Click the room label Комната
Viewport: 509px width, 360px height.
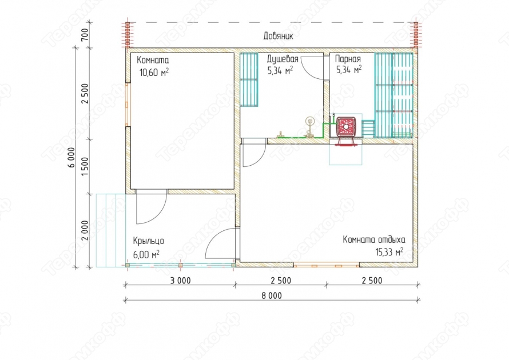153,61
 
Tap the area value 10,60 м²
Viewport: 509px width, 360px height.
154,72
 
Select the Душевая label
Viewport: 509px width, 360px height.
283,59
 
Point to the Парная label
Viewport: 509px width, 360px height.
348,59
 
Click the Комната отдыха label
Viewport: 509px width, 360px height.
374,240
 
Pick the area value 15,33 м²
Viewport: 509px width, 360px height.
389,251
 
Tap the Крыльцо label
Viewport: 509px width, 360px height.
148,241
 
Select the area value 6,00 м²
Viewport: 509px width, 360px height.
146,254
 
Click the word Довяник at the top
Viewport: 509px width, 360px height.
278,35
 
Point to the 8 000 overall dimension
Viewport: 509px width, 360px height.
272,295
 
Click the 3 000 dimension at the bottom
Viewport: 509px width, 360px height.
181,281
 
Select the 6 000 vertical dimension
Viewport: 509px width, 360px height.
71,157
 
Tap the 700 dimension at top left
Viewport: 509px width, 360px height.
85,35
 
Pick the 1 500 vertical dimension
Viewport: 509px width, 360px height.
85,166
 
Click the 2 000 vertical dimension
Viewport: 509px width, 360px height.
85,230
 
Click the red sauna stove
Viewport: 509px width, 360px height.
346,128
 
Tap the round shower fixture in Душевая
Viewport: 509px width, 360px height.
309,122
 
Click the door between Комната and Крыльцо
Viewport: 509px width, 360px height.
152,207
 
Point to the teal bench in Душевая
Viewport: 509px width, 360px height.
249,80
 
